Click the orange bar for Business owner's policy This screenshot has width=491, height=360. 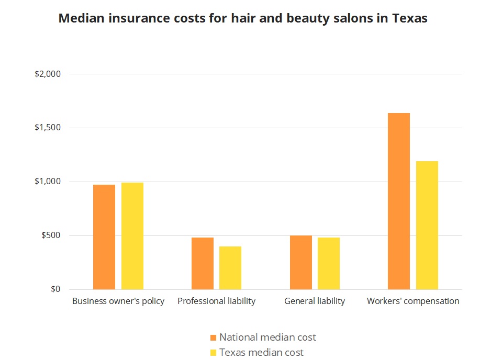point(104,237)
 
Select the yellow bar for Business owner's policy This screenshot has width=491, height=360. point(132,236)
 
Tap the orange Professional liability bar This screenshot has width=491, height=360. point(203,263)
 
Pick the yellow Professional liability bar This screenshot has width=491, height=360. point(230,268)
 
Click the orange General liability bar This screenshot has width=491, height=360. point(301,262)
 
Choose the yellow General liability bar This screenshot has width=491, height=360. point(329,263)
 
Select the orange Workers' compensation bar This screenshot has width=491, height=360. point(399,201)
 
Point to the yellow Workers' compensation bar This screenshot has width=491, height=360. point(427,225)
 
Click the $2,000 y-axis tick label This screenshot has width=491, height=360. point(48,74)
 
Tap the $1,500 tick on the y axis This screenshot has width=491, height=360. point(48,128)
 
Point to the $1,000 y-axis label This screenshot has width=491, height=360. point(48,182)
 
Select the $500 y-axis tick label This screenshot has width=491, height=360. point(51,235)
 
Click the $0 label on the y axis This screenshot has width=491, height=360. point(55,289)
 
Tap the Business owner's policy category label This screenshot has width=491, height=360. point(118,301)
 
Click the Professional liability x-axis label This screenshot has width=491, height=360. point(216,301)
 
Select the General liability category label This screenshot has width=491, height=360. point(315,301)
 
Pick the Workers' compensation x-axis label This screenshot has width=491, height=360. point(413,301)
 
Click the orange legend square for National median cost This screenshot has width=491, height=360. point(213,337)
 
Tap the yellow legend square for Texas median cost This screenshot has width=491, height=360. point(213,353)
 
